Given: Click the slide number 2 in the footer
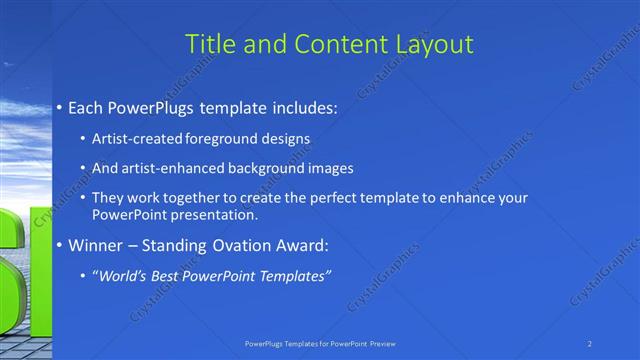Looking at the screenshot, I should click(590, 343).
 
